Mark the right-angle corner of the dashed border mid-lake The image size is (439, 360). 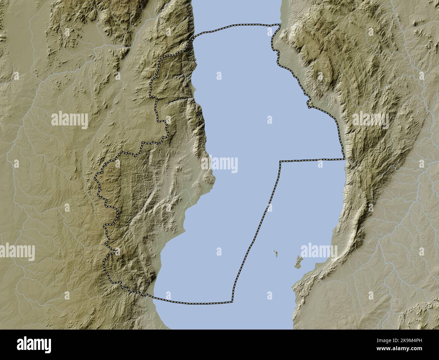(x=280, y=162)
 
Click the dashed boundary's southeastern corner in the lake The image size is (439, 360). (x=232, y=302)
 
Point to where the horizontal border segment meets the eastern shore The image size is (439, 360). (x=344, y=159)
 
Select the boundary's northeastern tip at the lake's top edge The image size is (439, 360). (x=280, y=24)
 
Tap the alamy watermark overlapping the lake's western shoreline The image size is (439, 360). (x=219, y=165)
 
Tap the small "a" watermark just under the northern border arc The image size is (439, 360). (x=269, y=33)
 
